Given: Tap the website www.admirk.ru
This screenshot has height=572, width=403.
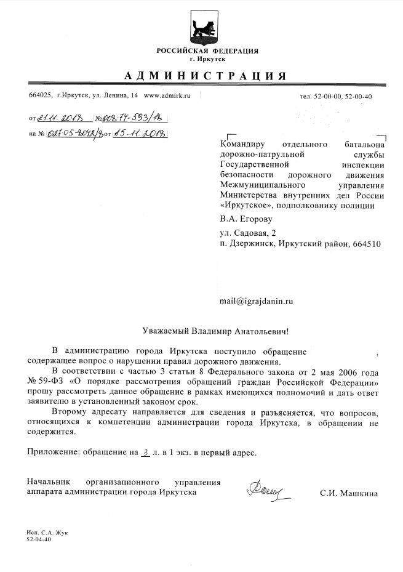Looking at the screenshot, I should click(x=167, y=96).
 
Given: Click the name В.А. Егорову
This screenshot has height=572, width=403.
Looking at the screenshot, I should click(x=245, y=219).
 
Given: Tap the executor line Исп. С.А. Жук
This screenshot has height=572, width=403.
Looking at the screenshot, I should click(x=47, y=531).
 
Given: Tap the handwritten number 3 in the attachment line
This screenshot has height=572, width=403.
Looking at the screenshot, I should click(x=145, y=452).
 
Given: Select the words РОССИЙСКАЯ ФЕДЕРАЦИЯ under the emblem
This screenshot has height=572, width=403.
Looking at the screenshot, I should click(x=207, y=50).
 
